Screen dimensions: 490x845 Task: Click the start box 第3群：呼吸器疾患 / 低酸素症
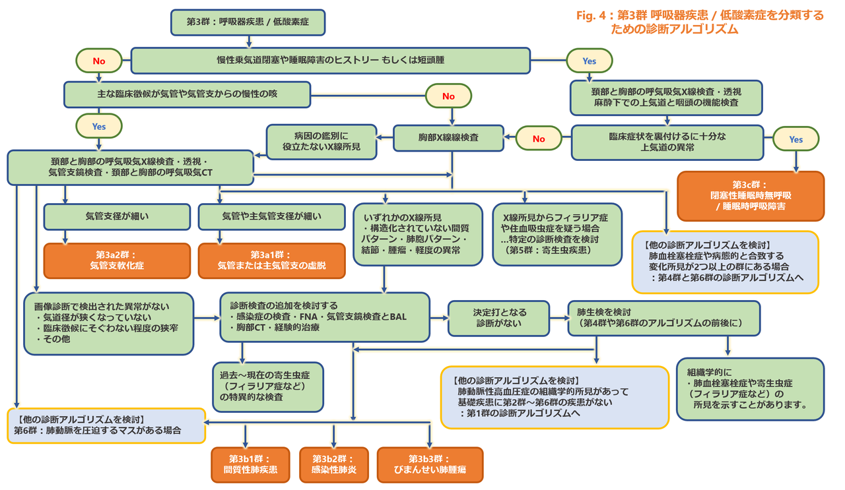248,22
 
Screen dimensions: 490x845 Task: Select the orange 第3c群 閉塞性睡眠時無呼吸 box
750,195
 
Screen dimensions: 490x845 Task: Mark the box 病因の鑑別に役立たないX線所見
321,141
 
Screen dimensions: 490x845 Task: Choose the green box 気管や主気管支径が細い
271,216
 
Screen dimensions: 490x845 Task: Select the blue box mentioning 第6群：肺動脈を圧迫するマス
106,425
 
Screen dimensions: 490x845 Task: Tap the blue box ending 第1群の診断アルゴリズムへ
555,398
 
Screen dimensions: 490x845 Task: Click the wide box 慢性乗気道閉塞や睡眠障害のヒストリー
330,60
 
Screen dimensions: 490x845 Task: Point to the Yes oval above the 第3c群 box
795,139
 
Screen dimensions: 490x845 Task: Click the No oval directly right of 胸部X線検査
539,139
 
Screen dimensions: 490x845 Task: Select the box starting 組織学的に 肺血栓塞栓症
750,389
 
